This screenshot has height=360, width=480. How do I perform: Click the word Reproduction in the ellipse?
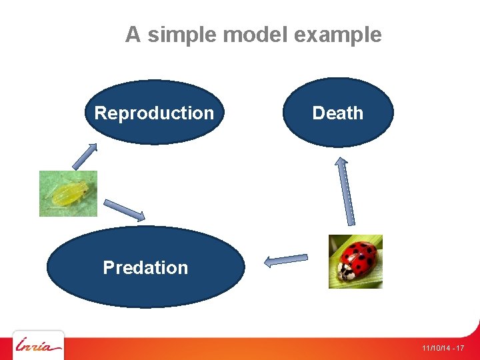coord(154,113)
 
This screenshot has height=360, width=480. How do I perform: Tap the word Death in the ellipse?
coord(337,113)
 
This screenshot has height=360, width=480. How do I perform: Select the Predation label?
coord(145,267)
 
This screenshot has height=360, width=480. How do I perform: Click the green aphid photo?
coord(68,193)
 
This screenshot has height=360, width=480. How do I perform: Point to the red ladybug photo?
coord(356,261)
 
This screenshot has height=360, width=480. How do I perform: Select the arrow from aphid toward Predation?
coord(124,209)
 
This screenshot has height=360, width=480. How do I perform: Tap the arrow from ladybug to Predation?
coord(287,260)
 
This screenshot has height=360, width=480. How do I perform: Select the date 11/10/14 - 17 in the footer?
coord(443,349)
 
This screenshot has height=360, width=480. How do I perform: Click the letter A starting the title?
coord(133,35)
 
